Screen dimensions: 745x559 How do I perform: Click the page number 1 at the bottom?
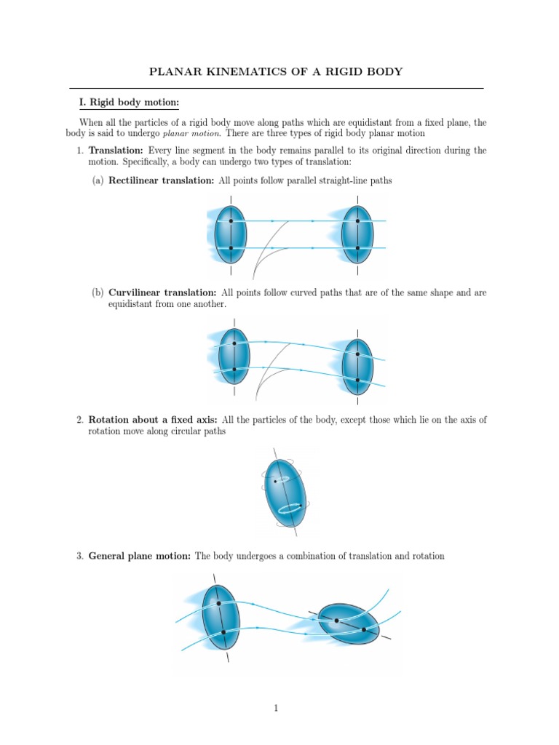click(277, 708)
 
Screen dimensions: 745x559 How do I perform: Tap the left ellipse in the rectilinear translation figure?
click(231, 234)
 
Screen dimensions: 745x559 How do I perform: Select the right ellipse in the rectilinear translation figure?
click(357, 234)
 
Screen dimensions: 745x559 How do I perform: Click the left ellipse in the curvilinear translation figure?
click(234, 356)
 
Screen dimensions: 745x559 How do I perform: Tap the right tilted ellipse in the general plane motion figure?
click(349, 624)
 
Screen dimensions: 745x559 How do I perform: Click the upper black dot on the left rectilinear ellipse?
click(231, 220)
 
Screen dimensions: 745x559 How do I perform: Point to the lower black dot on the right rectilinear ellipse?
click(357, 248)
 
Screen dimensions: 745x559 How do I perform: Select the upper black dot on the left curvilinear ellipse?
click(234, 343)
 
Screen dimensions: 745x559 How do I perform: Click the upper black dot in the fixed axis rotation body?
click(275, 481)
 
